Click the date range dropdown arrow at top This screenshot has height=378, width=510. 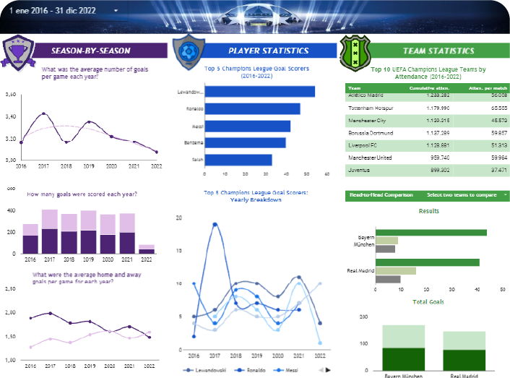pos(116,12)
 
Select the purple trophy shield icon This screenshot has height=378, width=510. pos(15,50)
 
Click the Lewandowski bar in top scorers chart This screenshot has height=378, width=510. pos(259,92)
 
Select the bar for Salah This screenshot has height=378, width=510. pos(238,160)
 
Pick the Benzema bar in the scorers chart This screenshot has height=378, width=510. pos(245,143)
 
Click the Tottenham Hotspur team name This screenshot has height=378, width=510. pos(374,106)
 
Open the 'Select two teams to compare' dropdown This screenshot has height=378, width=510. pos(466,195)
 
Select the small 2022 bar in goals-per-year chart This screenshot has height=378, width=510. pos(146,249)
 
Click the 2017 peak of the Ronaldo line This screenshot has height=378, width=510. pos(215,225)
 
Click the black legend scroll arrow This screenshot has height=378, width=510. pos(329,369)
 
